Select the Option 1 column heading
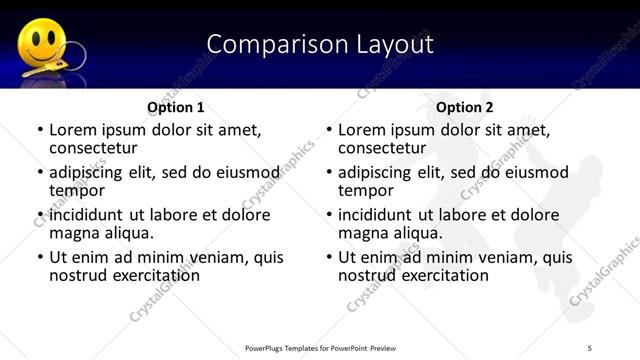176,106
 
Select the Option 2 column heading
465,106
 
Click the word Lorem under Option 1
75,130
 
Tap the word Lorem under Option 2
364,130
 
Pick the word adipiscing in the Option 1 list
92,172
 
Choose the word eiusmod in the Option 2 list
536,172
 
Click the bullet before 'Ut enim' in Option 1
40,257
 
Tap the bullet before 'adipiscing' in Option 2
329,172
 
